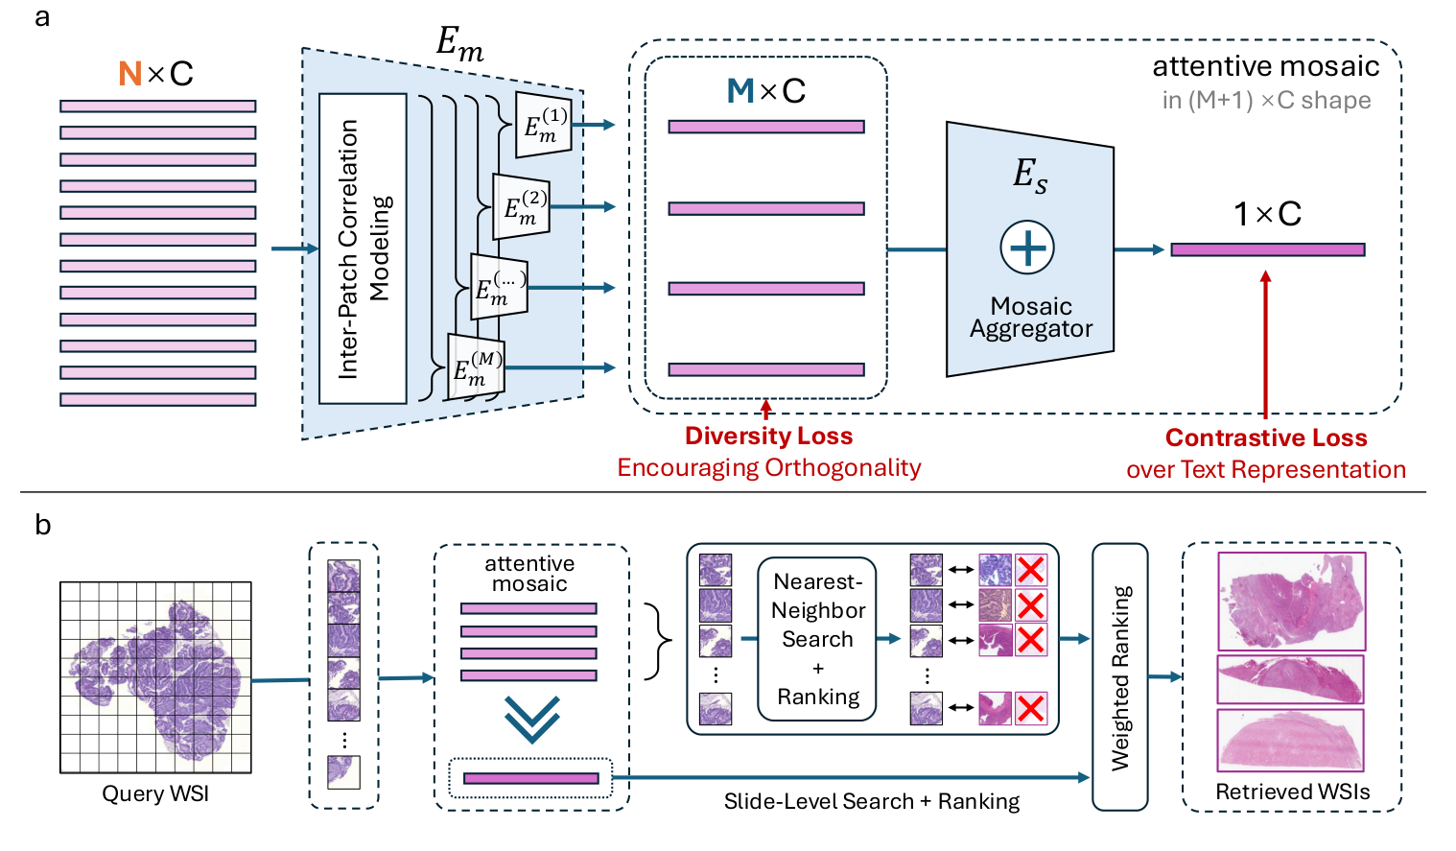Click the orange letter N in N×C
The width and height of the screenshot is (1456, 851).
coord(130,74)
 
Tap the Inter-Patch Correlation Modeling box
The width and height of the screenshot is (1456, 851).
coord(363,248)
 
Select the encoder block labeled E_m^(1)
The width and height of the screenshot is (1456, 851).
coord(544,125)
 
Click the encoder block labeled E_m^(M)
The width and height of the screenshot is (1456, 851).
coord(476,367)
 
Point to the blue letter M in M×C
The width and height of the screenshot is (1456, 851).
coord(740,91)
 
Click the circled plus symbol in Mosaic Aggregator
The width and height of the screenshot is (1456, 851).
coord(1027,248)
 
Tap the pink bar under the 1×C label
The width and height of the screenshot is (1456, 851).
coord(1267,249)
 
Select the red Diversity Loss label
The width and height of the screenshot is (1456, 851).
coord(768,437)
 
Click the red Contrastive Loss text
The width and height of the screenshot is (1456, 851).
coord(1266,438)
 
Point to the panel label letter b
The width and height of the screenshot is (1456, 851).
coord(42,525)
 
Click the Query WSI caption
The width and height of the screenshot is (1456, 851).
coord(155,794)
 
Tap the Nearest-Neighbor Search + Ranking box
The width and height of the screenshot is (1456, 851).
coord(817,639)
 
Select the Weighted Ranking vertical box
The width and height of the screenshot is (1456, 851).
coord(1120,677)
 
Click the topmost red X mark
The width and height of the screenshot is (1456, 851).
coord(1031,570)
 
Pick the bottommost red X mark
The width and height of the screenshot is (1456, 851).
coord(1031,709)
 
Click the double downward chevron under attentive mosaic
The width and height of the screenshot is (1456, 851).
coord(531,719)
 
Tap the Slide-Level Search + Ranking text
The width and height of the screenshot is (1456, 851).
coord(871,801)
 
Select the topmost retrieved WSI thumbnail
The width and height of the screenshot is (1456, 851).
coord(1291,601)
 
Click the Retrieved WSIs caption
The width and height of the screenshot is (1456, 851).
coord(1292,792)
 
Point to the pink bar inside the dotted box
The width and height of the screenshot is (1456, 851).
coord(530,779)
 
